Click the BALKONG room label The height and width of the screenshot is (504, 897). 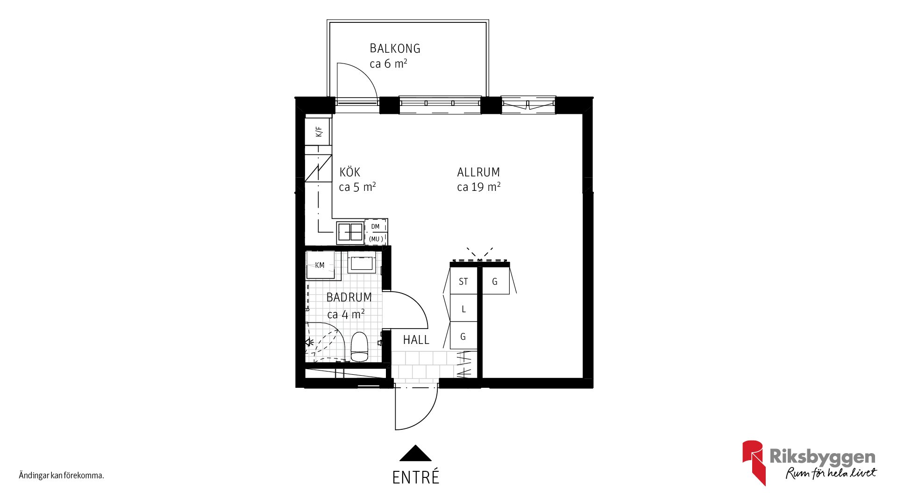tap(395, 49)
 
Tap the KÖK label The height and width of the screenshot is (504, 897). tap(350, 172)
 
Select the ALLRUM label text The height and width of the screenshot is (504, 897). tap(478, 172)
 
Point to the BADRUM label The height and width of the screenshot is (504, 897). tap(349, 297)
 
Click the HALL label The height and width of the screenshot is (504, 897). tap(416, 340)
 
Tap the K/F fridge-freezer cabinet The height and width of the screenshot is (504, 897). tap(318, 132)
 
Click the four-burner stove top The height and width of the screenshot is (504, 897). tap(350, 232)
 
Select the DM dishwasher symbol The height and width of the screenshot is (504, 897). tap(376, 232)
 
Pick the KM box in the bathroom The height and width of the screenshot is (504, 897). tap(320, 265)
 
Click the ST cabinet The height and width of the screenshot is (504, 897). tap(463, 281)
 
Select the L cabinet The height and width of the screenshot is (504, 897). tap(463, 308)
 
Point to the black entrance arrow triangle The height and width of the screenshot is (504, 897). tap(415, 453)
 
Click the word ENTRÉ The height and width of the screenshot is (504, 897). tap(416, 477)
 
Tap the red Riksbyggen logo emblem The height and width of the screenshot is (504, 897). tap(753, 462)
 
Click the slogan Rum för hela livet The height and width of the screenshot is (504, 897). tap(831, 473)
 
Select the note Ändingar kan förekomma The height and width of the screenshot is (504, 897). tap(61, 476)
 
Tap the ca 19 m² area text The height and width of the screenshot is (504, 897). tap(478, 187)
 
